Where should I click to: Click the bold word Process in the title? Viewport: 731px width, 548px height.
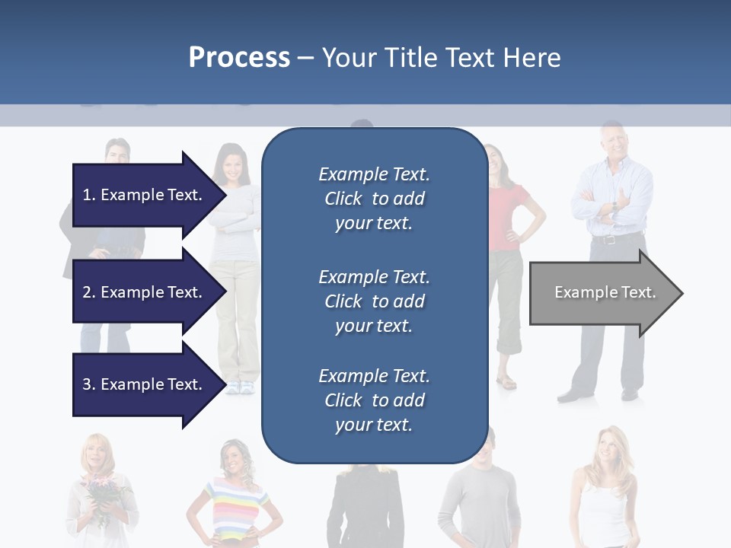(239, 58)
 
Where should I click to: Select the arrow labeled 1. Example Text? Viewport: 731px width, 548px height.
(143, 195)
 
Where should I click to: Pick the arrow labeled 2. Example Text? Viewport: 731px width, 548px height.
(143, 292)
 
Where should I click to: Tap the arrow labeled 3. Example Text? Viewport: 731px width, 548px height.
(143, 384)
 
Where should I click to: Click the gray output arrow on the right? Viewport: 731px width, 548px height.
(602, 293)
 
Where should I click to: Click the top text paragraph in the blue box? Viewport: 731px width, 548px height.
(374, 199)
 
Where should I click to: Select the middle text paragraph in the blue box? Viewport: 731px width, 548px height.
(374, 301)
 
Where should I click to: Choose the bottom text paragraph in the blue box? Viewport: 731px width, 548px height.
(374, 400)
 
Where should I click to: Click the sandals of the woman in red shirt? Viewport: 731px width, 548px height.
(506, 382)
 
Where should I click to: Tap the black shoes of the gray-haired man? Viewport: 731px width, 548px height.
(576, 394)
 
